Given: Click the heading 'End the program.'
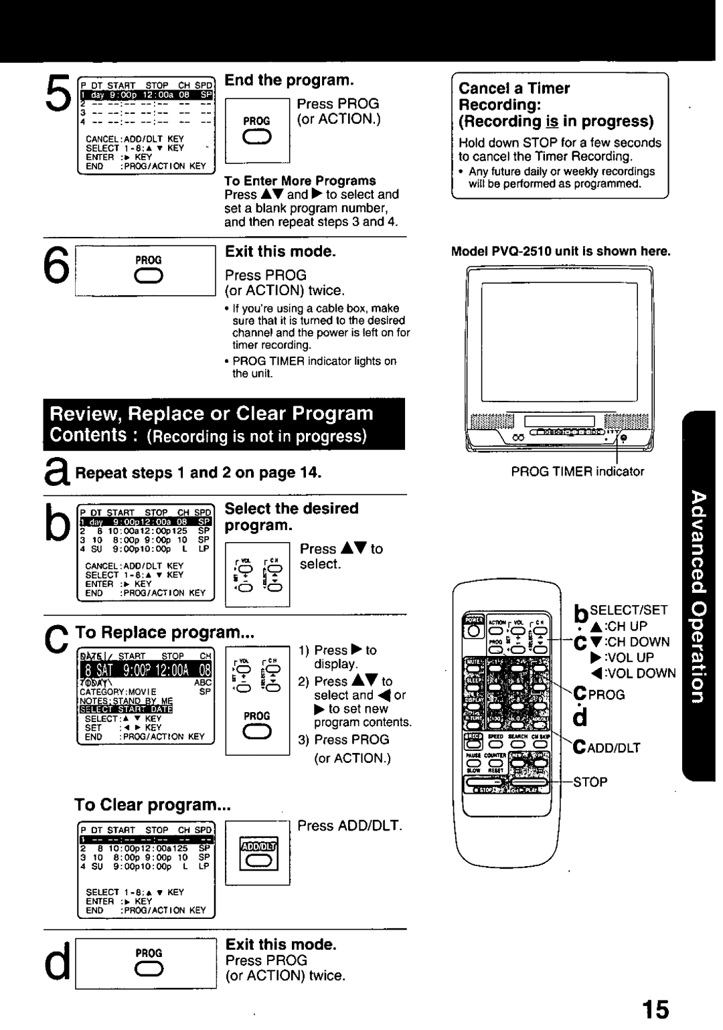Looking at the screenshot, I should click(289, 80).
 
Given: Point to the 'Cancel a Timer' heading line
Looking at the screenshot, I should click(514, 88).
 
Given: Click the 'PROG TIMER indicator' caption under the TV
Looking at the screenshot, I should click(577, 471).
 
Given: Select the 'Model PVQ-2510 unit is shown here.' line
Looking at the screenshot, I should click(560, 252).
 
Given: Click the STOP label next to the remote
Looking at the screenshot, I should click(590, 782).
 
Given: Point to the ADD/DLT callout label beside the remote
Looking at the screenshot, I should click(611, 748).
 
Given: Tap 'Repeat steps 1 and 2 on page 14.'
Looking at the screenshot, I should click(198, 473).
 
